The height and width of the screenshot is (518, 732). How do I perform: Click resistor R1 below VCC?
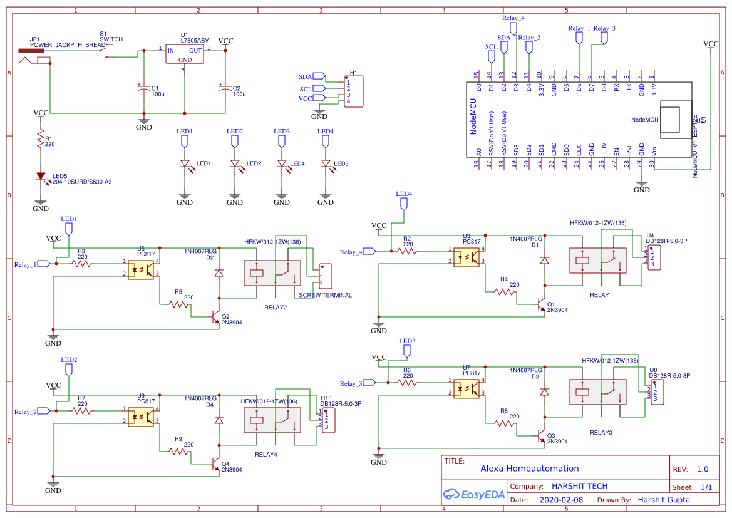(41, 140)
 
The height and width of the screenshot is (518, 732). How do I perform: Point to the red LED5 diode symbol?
(41, 177)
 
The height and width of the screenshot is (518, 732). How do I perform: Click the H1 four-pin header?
(353, 91)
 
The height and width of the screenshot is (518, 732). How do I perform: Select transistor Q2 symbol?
(215, 318)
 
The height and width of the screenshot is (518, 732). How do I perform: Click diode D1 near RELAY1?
(544, 259)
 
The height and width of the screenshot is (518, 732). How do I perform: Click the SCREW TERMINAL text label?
(325, 295)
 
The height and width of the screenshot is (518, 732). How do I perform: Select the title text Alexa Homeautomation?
(529, 469)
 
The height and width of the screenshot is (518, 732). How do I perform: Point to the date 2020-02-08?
(560, 500)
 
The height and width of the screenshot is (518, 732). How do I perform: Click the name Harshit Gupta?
(663, 500)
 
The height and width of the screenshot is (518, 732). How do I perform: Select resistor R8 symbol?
(505, 423)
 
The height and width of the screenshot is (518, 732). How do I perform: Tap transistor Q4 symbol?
(215, 464)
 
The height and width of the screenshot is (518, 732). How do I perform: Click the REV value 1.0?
(702, 469)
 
